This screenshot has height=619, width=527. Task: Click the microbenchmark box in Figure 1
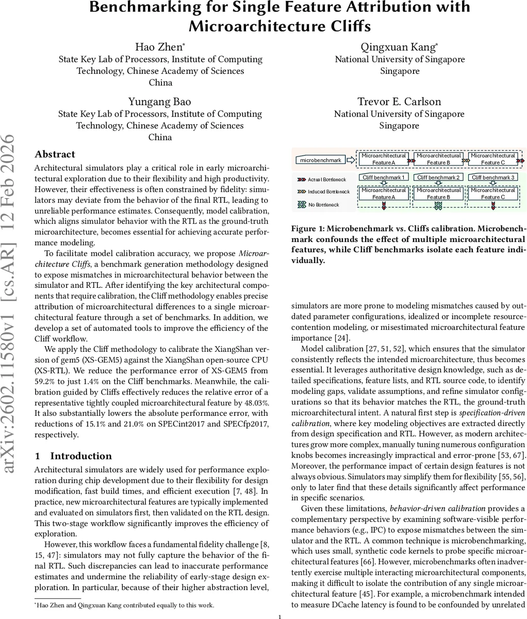click(x=321, y=160)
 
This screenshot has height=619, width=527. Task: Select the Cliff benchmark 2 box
click(x=438, y=177)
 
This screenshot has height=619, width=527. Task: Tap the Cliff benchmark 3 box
click(x=492, y=177)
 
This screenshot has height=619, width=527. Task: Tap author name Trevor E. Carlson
click(x=400, y=101)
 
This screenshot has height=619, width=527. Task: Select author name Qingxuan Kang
click(x=400, y=47)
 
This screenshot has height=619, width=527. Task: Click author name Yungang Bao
click(x=160, y=101)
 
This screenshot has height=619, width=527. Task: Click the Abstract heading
click(x=55, y=154)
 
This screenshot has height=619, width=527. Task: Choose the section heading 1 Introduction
click(x=73, y=456)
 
